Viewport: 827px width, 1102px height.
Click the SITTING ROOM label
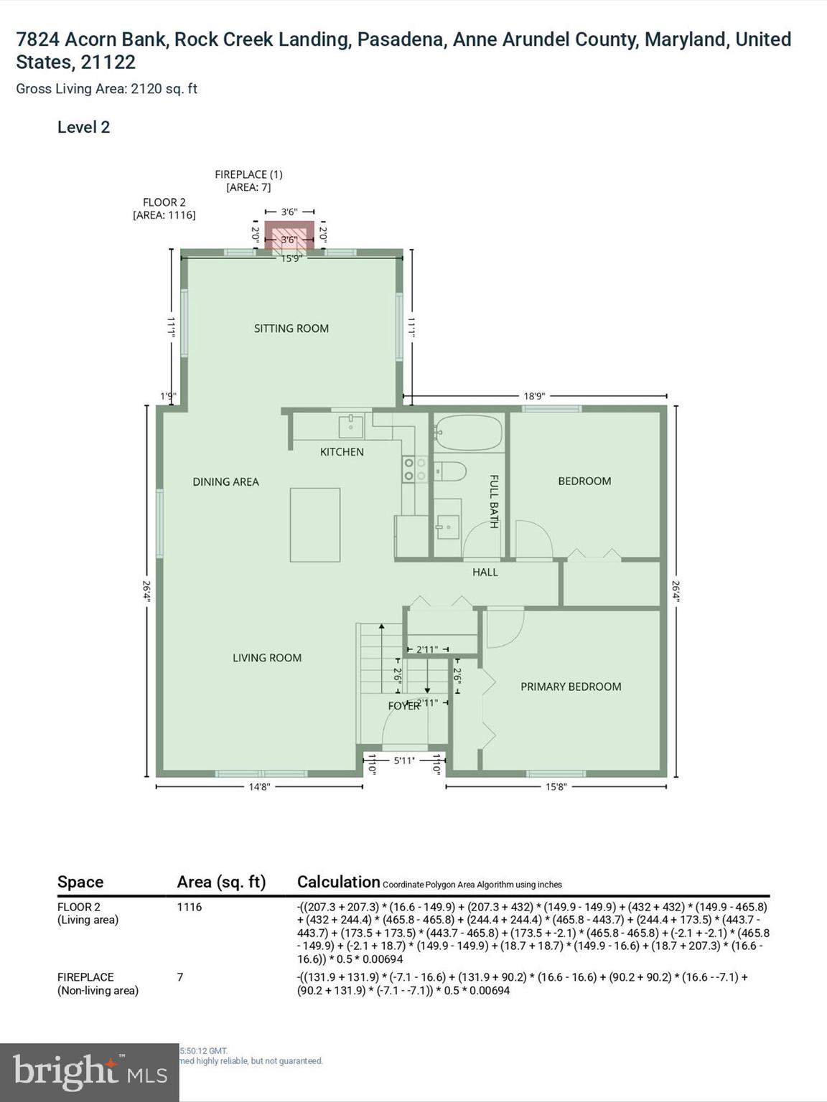(291, 329)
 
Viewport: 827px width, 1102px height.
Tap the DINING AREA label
(225, 482)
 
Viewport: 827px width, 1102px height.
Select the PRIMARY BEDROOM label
(571, 687)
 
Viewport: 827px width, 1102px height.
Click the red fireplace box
(289, 235)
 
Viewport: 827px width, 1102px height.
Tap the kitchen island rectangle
(315, 524)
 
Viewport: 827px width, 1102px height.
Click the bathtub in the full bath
(468, 433)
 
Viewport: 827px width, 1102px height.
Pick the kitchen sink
(351, 426)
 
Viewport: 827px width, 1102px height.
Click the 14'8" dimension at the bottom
(259, 786)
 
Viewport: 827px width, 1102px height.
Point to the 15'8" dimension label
(556, 786)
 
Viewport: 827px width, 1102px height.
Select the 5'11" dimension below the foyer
(404, 760)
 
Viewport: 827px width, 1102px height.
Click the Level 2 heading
(84, 128)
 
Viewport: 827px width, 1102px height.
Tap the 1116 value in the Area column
(190, 907)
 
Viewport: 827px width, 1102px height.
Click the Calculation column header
(338, 882)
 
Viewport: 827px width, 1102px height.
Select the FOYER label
(403, 706)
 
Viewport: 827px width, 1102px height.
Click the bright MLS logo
(90, 1073)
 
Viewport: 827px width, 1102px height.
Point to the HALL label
(485, 573)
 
